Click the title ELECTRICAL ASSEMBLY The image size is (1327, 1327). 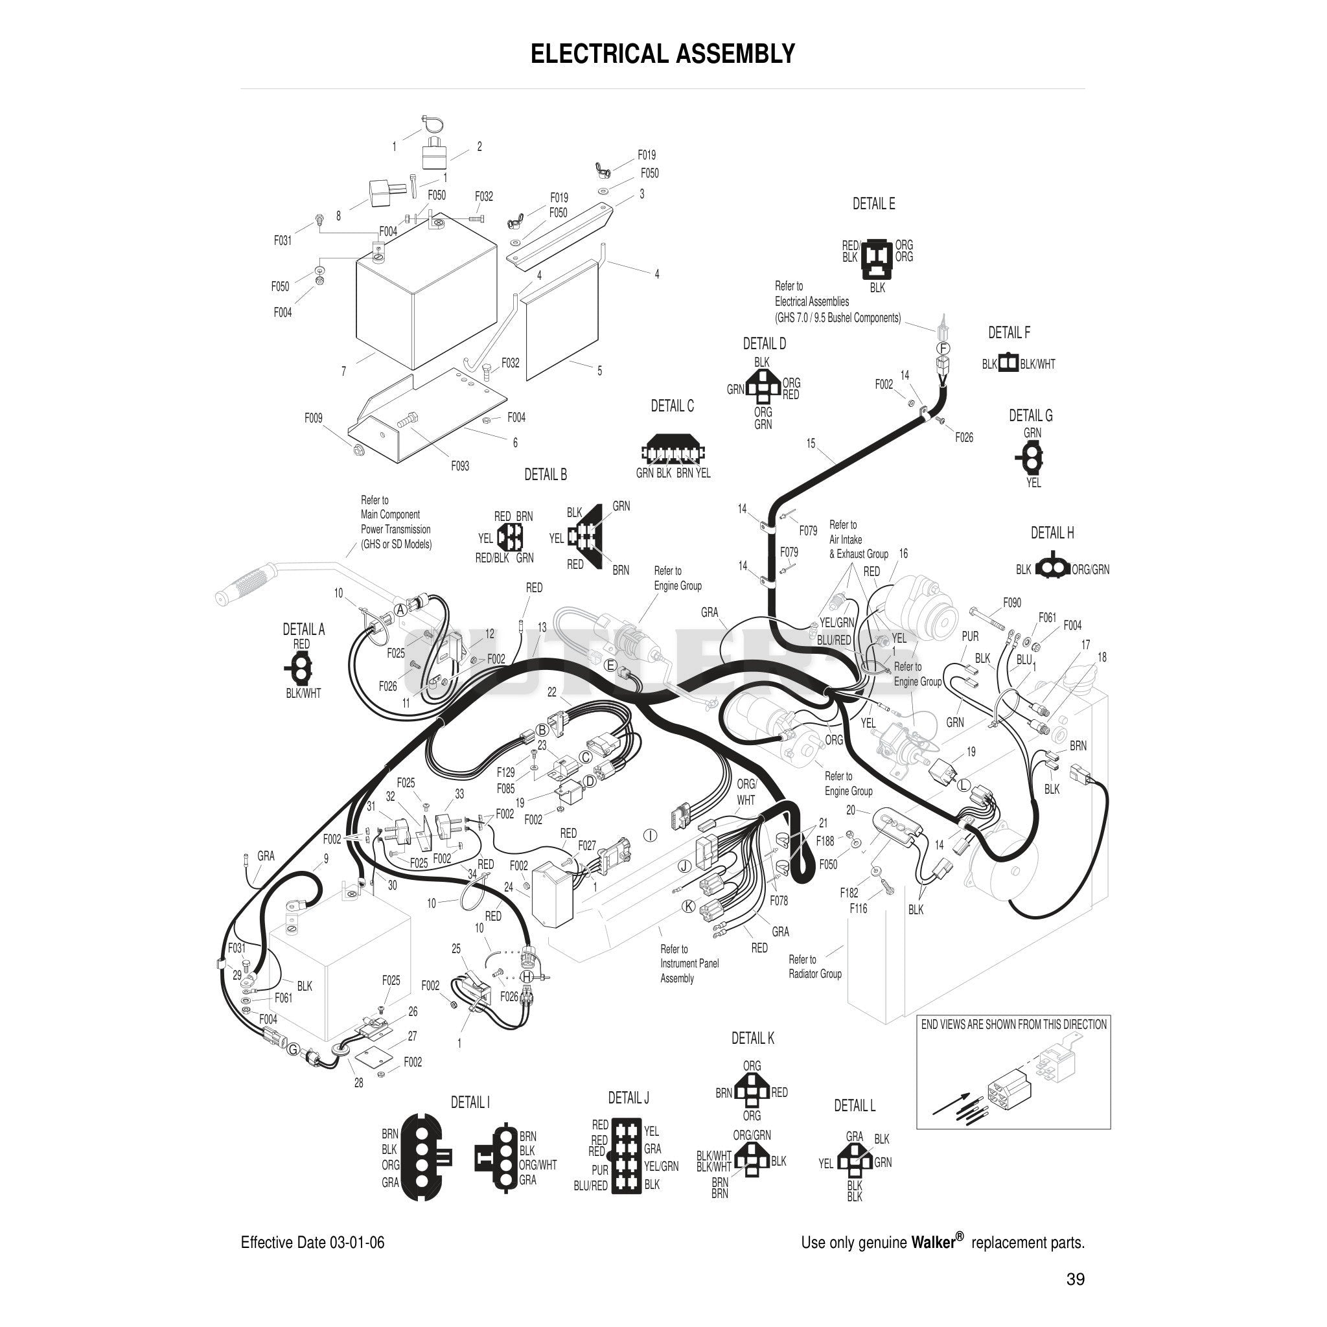pos(663,54)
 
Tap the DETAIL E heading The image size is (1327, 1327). pos(873,203)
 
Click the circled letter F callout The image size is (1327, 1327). pos(943,348)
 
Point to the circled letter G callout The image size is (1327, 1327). pos(294,1050)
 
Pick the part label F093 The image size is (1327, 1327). pos(460,466)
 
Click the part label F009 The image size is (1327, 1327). pos(313,418)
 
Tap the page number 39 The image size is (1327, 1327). pos(1076,1279)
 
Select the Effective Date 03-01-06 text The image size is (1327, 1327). pos(312,1243)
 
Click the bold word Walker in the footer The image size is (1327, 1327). pos(934,1242)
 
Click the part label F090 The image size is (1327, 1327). pos(1011,603)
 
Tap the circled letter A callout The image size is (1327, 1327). pos(400,610)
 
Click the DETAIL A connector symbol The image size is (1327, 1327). pos(300,667)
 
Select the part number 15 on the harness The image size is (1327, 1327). pos(811,443)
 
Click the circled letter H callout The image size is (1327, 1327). pos(527,976)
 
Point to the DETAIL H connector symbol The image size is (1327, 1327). pos(1052,568)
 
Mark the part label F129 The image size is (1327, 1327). pos(505,772)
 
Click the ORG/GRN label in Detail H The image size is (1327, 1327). pos(1090,570)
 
